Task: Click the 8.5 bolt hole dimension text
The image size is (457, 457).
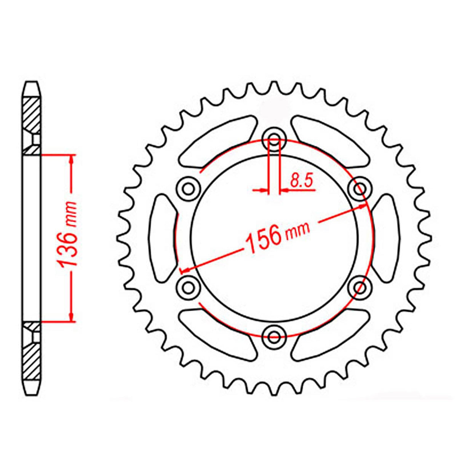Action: click(x=301, y=180)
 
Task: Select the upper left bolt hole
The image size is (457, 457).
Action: click(x=188, y=188)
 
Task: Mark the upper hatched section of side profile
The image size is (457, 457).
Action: click(x=32, y=114)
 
